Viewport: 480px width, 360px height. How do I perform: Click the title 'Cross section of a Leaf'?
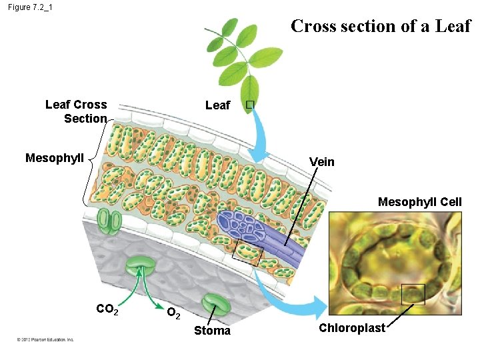pyautogui.click(x=381, y=27)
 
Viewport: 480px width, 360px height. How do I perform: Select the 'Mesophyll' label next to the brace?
pyautogui.click(x=55, y=158)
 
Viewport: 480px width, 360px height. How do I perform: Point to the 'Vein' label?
pyautogui.click(x=322, y=162)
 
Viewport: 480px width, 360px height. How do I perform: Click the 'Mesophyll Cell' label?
pyautogui.click(x=419, y=201)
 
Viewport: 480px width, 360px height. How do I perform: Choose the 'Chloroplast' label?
pyautogui.click(x=351, y=328)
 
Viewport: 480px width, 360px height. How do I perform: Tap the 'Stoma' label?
pyautogui.click(x=212, y=331)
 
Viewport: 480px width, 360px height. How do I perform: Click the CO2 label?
pyautogui.click(x=108, y=309)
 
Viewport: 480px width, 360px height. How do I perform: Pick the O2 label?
pyautogui.click(x=173, y=312)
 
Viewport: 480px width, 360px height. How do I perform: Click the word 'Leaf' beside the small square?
pyautogui.click(x=217, y=105)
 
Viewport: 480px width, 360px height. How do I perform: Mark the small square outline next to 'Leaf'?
pyautogui.click(x=249, y=105)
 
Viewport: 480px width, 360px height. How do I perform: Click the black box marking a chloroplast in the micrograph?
pyautogui.click(x=413, y=294)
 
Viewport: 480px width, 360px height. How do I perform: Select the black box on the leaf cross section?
pyautogui.click(x=248, y=253)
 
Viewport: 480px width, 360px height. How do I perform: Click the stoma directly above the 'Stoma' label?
pyautogui.click(x=217, y=303)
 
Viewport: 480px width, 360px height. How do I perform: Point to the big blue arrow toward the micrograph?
pyautogui.click(x=293, y=304)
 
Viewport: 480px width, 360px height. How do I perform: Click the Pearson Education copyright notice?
pyautogui.click(x=45, y=339)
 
